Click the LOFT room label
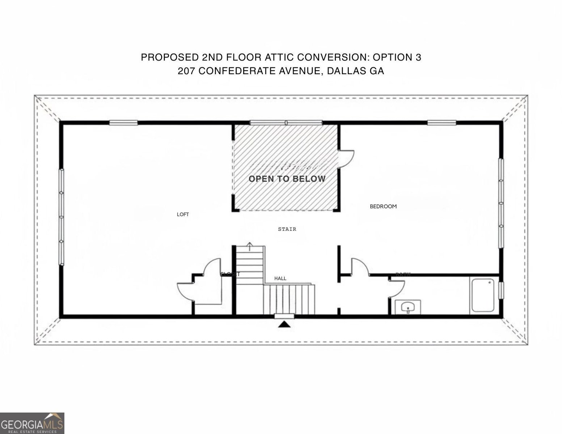pos(183,214)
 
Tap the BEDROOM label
pos(383,207)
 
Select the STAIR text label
pos(287,229)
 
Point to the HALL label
pos(280,278)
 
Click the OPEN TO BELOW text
pos(287,179)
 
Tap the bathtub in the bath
pos(482,295)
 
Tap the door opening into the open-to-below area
pos(346,158)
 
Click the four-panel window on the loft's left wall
pos(62,217)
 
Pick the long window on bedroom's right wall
pos(501,203)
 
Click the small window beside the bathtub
pos(501,290)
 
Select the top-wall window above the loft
pos(123,123)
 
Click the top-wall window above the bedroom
pos(441,123)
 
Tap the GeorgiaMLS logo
pos(32,423)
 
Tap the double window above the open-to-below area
pos(286,123)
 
